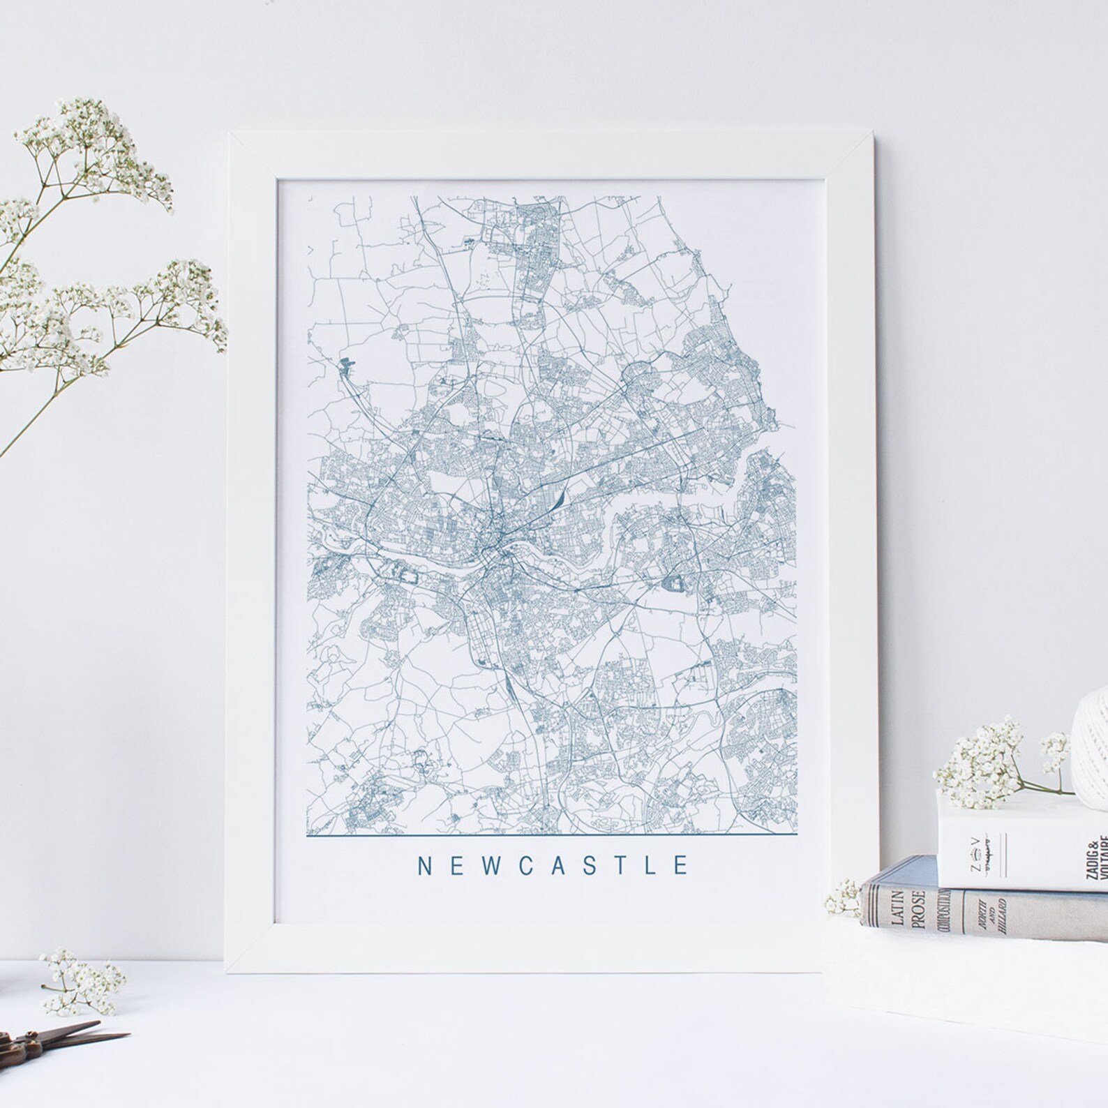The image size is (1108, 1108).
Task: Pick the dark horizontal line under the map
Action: [x=551, y=834]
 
